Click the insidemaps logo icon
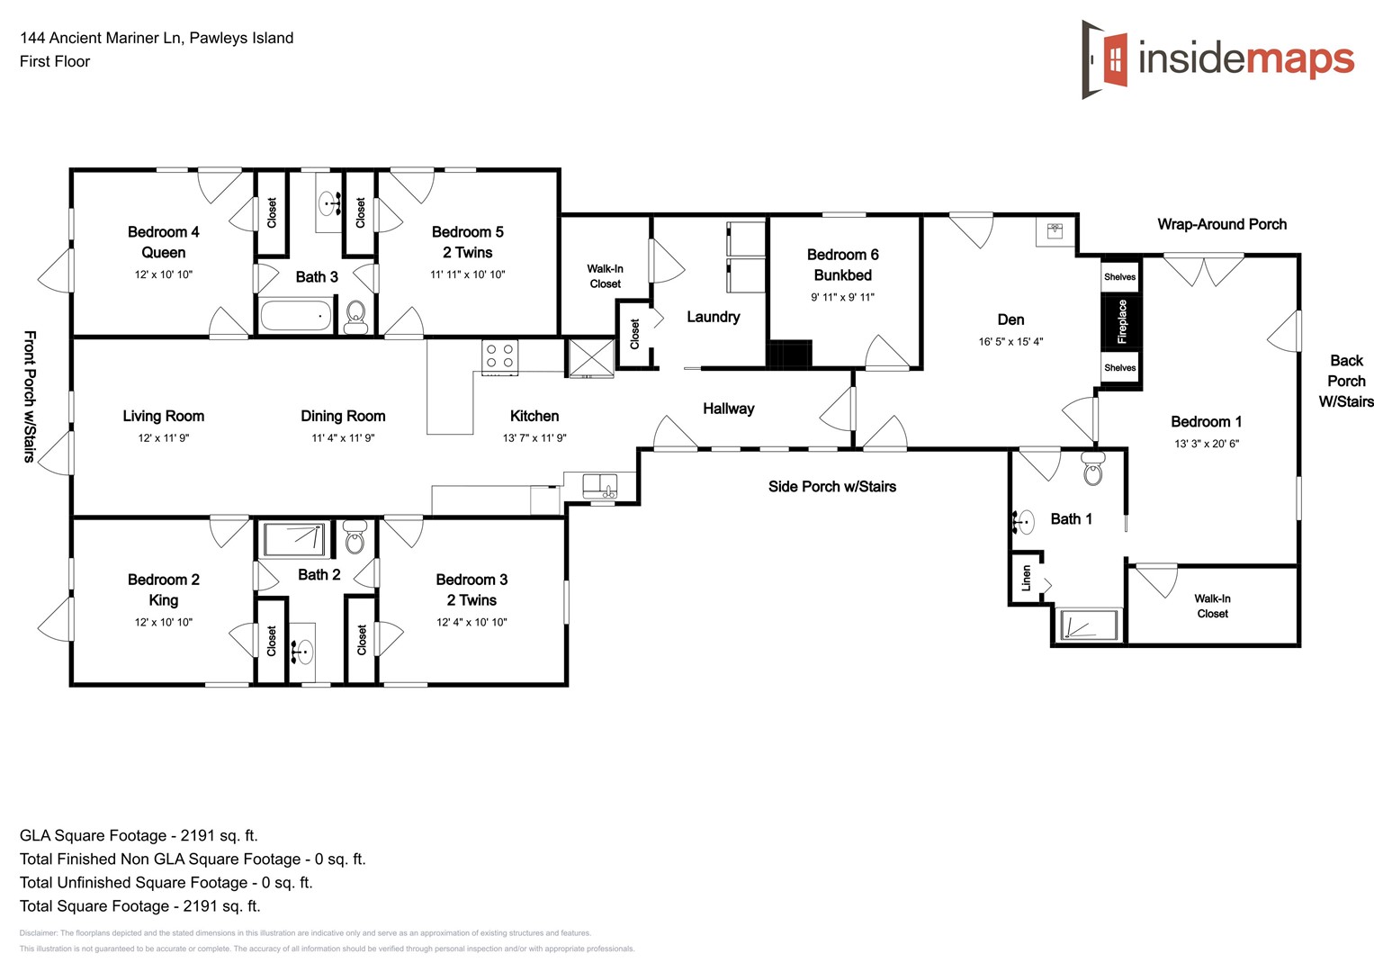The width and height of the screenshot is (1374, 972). [x=1105, y=59]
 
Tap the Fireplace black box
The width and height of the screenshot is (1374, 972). [x=1121, y=321]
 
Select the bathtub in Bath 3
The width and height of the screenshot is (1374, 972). [x=295, y=315]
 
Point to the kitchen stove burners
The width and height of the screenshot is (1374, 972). [x=499, y=355]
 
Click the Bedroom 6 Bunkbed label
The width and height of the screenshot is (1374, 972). [x=842, y=265]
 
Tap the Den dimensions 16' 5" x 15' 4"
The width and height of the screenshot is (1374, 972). [x=1010, y=342]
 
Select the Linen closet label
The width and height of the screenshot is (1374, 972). [x=1026, y=578]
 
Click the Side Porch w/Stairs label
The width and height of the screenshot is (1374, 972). [x=831, y=487]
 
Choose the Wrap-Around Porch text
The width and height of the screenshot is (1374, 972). [x=1221, y=224]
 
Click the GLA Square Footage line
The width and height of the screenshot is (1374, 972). [x=139, y=835]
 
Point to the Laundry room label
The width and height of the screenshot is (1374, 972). [x=713, y=317]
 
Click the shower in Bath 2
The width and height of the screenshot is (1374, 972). [x=295, y=539]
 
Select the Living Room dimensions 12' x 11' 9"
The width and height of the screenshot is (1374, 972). [x=163, y=438]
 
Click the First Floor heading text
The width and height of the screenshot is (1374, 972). [x=55, y=61]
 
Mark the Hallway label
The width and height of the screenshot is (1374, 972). [x=728, y=409]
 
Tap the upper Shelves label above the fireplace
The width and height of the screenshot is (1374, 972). [x=1119, y=277]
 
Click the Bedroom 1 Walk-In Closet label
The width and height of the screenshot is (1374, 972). [x=1212, y=606]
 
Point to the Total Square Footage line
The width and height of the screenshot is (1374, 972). [x=139, y=906]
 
